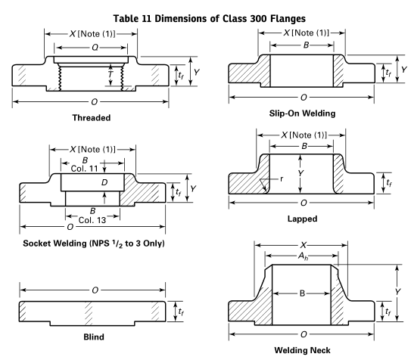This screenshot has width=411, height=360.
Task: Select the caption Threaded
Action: pyautogui.click(x=92, y=117)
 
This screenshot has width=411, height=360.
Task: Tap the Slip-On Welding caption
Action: pyautogui.click(x=302, y=113)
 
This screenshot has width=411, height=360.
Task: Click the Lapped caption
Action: pyautogui.click(x=302, y=219)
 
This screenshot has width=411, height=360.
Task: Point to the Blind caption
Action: pyautogui.click(x=94, y=337)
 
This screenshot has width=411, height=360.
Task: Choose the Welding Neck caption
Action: pyautogui.click(x=302, y=350)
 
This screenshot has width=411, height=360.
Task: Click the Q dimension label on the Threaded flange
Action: pyautogui.click(x=95, y=48)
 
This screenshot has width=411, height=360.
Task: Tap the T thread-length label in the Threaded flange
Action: pyautogui.click(x=111, y=75)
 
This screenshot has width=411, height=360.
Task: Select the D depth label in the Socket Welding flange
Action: pyautogui.click(x=104, y=182)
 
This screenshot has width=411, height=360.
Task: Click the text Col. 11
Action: pyautogui.click(x=85, y=169)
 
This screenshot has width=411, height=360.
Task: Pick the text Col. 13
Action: pyautogui.click(x=92, y=220)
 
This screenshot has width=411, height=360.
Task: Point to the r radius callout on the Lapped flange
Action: pyautogui.click(x=282, y=178)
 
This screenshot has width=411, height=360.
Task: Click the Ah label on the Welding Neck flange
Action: pyautogui.click(x=304, y=256)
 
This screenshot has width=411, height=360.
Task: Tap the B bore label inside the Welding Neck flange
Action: pyautogui.click(x=302, y=293)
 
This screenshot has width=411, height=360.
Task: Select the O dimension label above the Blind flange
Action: pyautogui.click(x=95, y=290)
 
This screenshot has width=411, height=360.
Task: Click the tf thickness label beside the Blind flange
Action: pyautogui.click(x=181, y=312)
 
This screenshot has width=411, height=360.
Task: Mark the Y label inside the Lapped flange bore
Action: pyautogui.click(x=300, y=173)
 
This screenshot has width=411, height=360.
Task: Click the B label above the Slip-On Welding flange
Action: pyautogui.click(x=306, y=45)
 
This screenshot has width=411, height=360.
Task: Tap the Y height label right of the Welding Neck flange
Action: pyautogui.click(x=398, y=292)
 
